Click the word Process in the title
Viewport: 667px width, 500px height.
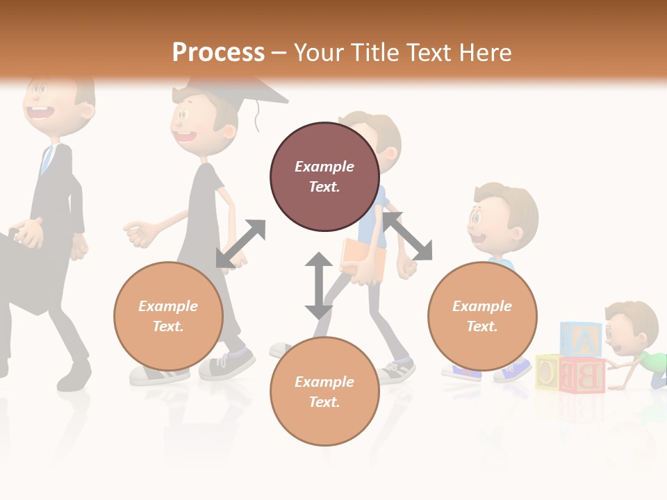(x=218, y=53)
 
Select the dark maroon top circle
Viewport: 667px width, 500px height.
(x=324, y=177)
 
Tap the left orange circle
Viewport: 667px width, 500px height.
(x=168, y=316)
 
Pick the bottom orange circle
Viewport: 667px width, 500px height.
(x=324, y=392)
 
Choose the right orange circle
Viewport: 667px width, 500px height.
(x=481, y=316)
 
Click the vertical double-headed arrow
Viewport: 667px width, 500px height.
(x=319, y=285)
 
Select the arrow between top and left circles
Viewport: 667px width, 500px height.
(x=240, y=244)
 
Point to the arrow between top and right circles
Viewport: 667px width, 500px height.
(x=408, y=236)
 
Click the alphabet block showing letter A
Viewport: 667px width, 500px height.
(x=582, y=340)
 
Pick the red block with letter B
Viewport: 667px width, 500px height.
(x=583, y=375)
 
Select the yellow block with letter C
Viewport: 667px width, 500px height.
(x=548, y=372)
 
